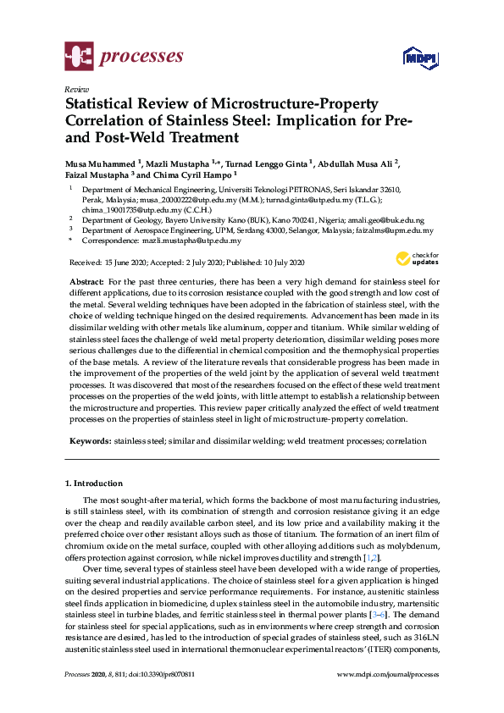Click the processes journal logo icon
[x=79, y=57]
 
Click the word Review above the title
[x=76, y=88]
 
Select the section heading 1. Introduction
[x=93, y=484]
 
